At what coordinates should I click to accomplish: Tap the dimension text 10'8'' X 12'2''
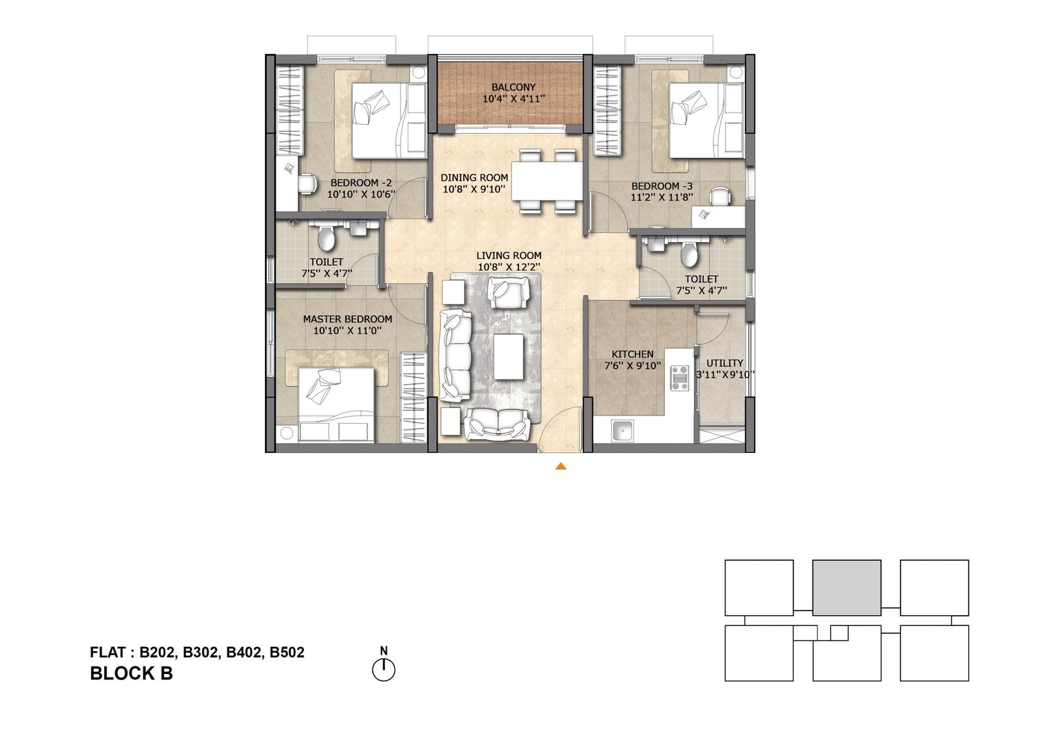[x=509, y=267]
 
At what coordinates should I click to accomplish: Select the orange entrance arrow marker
[x=560, y=466]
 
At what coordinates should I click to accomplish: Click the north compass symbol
[x=384, y=670]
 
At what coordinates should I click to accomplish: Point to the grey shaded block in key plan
[x=847, y=587]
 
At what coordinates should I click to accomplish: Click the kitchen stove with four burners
[x=680, y=378]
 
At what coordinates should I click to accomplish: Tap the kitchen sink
[x=623, y=430]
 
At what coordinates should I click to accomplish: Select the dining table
[x=546, y=181]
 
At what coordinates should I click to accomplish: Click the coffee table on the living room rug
[x=509, y=357]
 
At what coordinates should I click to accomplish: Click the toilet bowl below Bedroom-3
[x=688, y=254]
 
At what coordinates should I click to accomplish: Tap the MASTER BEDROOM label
[x=347, y=319]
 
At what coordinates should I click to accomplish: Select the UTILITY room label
[x=724, y=363]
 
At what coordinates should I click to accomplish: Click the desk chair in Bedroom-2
[x=307, y=184]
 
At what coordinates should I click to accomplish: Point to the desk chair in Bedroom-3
[x=720, y=196]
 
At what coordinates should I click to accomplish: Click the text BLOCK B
[x=131, y=674]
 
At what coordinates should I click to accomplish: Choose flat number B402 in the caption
[x=243, y=652]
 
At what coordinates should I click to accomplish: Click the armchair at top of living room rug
[x=508, y=292]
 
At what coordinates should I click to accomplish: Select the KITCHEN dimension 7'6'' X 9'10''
[x=632, y=366]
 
